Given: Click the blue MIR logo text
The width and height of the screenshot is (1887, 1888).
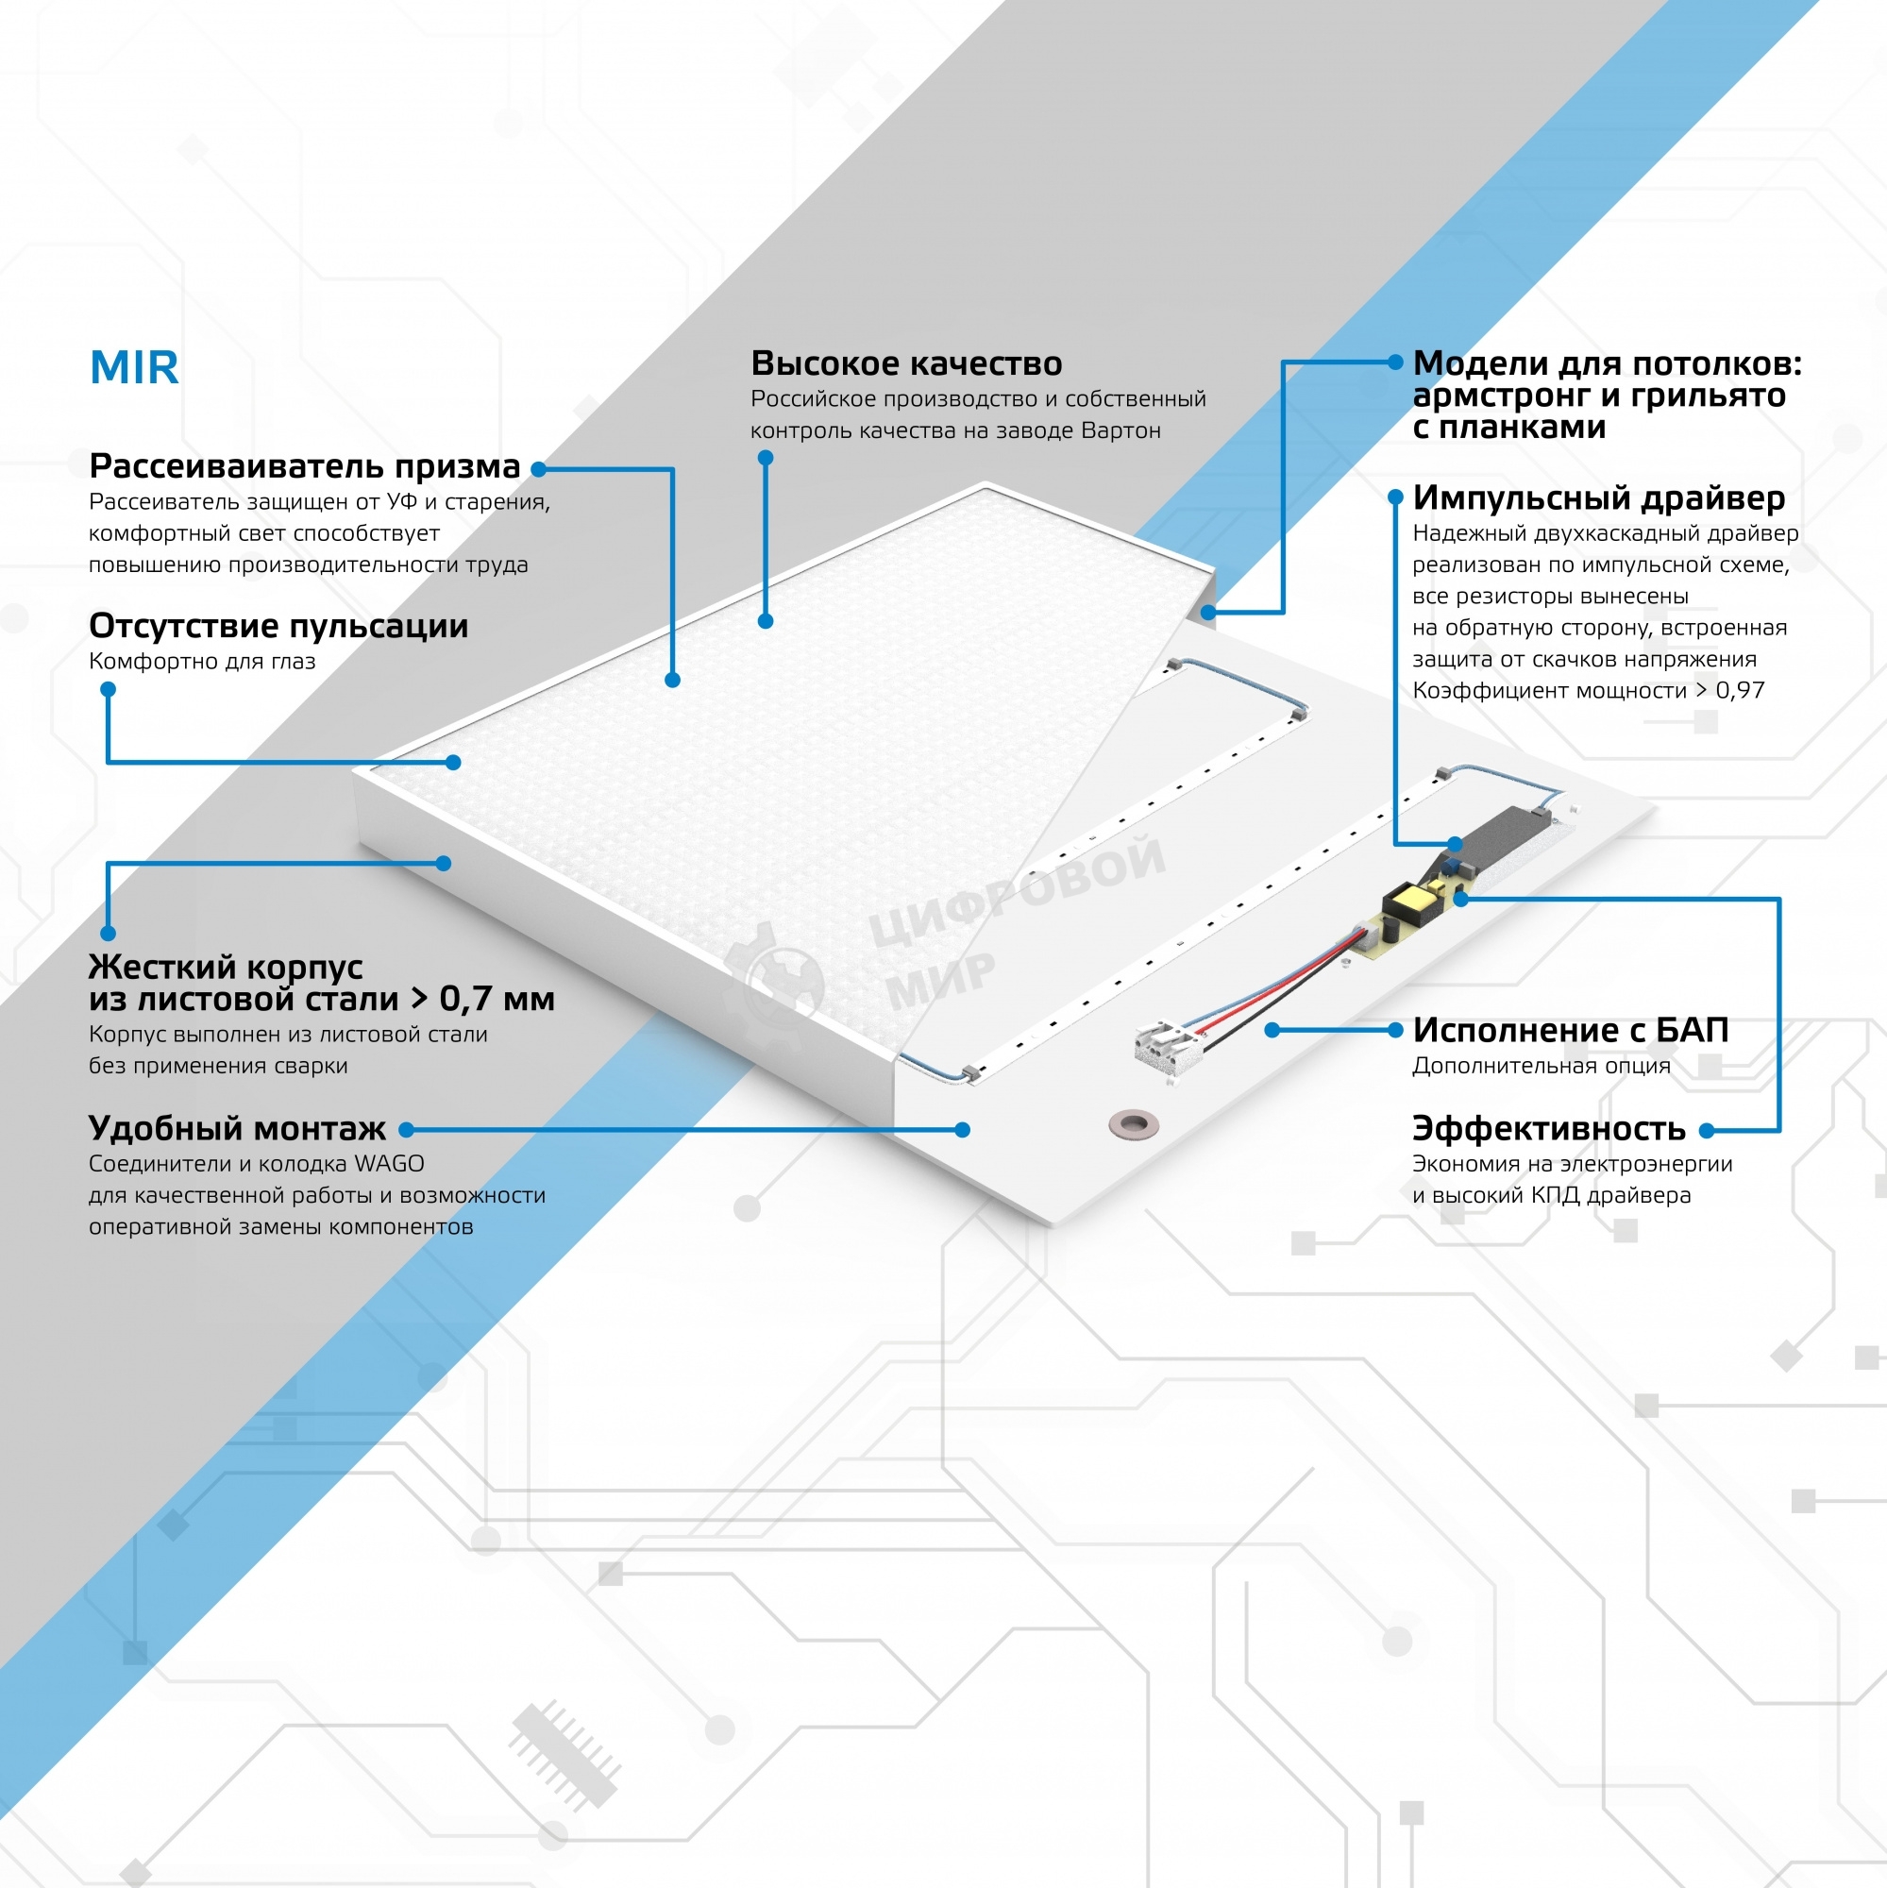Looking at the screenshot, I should pyautogui.click(x=134, y=368).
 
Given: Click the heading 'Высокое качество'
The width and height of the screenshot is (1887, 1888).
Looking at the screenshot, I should pyautogui.click(x=906, y=363).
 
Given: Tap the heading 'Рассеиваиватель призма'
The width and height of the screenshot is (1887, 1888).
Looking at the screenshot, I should pyautogui.click(x=304, y=466).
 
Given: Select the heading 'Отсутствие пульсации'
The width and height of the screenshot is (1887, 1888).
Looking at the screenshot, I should pyautogui.click(x=278, y=626).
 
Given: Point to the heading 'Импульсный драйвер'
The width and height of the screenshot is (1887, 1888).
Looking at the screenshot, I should pyautogui.click(x=1599, y=497).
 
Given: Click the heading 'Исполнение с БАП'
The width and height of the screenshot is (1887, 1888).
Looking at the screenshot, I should pyautogui.click(x=1571, y=1030).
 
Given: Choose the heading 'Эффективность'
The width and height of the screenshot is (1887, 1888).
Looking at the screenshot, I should pyautogui.click(x=1549, y=1129).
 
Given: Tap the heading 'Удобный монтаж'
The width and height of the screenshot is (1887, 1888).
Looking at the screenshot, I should pyautogui.click(x=237, y=1129).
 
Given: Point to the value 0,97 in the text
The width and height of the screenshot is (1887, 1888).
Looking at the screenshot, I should pyautogui.click(x=1740, y=691).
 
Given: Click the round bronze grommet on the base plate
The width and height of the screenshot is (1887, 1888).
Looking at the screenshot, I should pyautogui.click(x=1133, y=1123).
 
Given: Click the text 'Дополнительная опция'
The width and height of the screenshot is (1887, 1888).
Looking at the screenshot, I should pyautogui.click(x=1542, y=1066).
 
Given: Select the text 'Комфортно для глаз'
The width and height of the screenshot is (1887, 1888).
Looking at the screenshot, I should pyautogui.click(x=202, y=662).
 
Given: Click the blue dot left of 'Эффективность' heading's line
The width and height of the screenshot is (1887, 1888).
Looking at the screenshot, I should pyautogui.click(x=1706, y=1131).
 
